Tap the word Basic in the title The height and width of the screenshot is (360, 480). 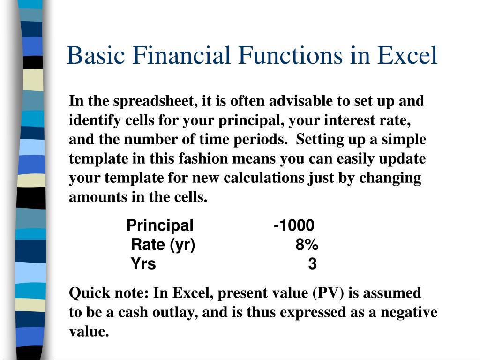click(x=95, y=56)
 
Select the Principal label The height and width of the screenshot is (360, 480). click(x=160, y=225)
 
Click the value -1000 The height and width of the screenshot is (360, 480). click(x=294, y=225)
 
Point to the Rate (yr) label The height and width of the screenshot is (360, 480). click(x=163, y=245)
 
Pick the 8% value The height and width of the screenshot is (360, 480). click(x=307, y=245)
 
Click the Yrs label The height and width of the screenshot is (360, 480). click(x=143, y=264)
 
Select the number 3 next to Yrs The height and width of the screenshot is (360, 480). click(x=312, y=264)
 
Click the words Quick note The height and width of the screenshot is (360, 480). click(x=110, y=293)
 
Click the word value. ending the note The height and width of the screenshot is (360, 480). click(x=89, y=332)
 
